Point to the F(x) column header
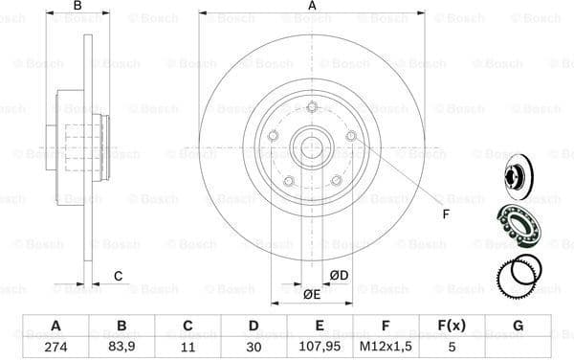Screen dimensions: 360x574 [x=450, y=326]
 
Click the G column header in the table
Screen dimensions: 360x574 [x=518, y=326]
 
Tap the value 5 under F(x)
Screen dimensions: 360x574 [x=450, y=346]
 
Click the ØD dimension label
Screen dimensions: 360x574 [x=339, y=277]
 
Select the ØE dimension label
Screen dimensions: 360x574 [x=311, y=294]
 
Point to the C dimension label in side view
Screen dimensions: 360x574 [x=118, y=277]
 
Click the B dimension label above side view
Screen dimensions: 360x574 [x=78, y=7]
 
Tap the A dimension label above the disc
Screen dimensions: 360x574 [x=312, y=7]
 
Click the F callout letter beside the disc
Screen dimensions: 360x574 [x=445, y=214]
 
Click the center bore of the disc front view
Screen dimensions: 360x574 [x=311, y=148]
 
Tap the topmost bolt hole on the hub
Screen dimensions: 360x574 [x=311, y=107]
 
